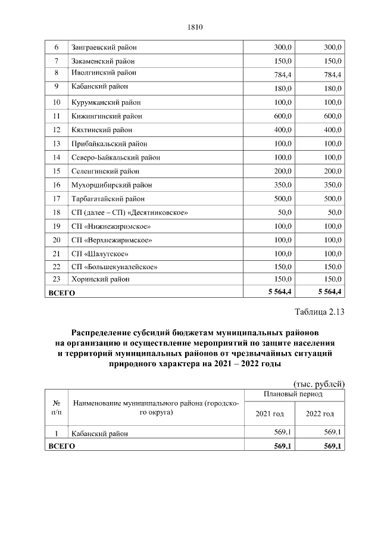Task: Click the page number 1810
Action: [x=195, y=26]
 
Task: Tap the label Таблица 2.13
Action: [x=320, y=312]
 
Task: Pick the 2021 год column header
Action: [x=270, y=414]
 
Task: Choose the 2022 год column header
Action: [x=320, y=414]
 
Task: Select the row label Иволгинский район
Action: [x=104, y=73]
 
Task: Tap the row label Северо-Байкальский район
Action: [x=115, y=157]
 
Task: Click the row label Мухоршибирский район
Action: [x=108, y=185]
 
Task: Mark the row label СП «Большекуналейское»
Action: [x=114, y=267]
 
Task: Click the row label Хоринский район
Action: [x=100, y=279]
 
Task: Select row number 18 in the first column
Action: [x=57, y=213]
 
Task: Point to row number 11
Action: [x=57, y=116]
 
